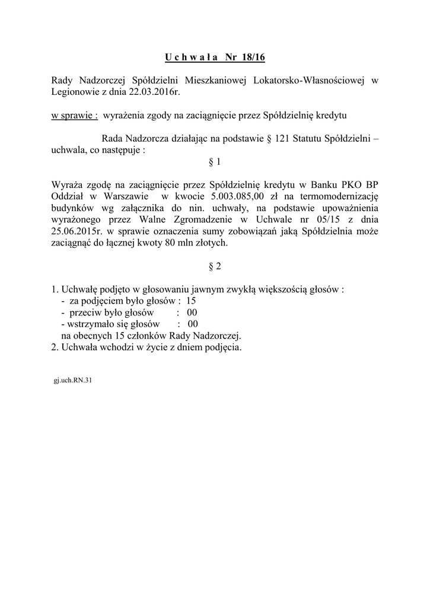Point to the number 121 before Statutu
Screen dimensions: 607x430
point(282,139)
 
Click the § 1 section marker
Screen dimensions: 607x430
point(215,162)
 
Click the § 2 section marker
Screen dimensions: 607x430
point(215,267)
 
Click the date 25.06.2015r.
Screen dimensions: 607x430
point(77,232)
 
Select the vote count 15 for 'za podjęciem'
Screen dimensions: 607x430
point(191,301)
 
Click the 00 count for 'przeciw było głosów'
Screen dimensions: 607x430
point(192,312)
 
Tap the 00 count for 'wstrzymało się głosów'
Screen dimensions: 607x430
point(193,324)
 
